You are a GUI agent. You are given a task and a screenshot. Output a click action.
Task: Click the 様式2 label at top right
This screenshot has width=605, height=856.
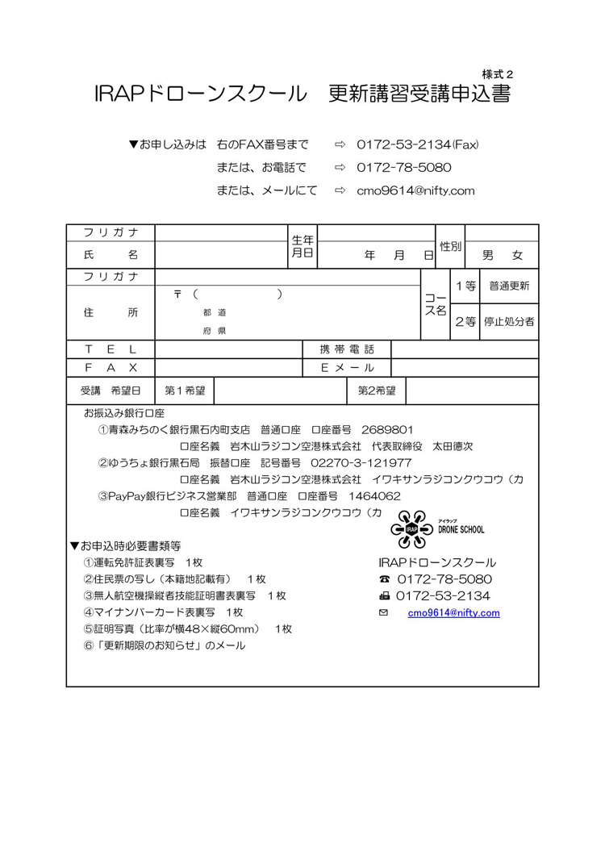coord(497,74)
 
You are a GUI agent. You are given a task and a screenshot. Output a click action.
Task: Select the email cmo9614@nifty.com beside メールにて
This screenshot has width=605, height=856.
coord(415,191)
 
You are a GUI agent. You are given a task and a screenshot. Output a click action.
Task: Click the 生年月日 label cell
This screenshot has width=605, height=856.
coord(302,247)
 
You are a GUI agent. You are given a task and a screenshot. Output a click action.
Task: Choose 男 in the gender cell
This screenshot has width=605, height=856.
coord(487,256)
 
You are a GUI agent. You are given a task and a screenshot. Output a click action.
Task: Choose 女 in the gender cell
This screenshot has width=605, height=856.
coord(517,256)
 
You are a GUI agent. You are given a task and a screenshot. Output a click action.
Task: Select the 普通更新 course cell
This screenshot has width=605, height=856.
coord(509,286)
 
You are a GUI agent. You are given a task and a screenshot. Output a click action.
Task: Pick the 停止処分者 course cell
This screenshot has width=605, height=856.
coord(509,322)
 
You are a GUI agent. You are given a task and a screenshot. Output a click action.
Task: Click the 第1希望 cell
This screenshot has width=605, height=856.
coord(184,391)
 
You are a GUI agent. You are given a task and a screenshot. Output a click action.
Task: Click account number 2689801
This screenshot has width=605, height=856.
coord(388,429)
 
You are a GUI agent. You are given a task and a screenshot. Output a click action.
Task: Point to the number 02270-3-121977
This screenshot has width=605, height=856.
coord(361,463)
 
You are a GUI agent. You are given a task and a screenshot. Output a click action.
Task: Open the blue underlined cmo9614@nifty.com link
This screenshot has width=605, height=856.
coord(453,613)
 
